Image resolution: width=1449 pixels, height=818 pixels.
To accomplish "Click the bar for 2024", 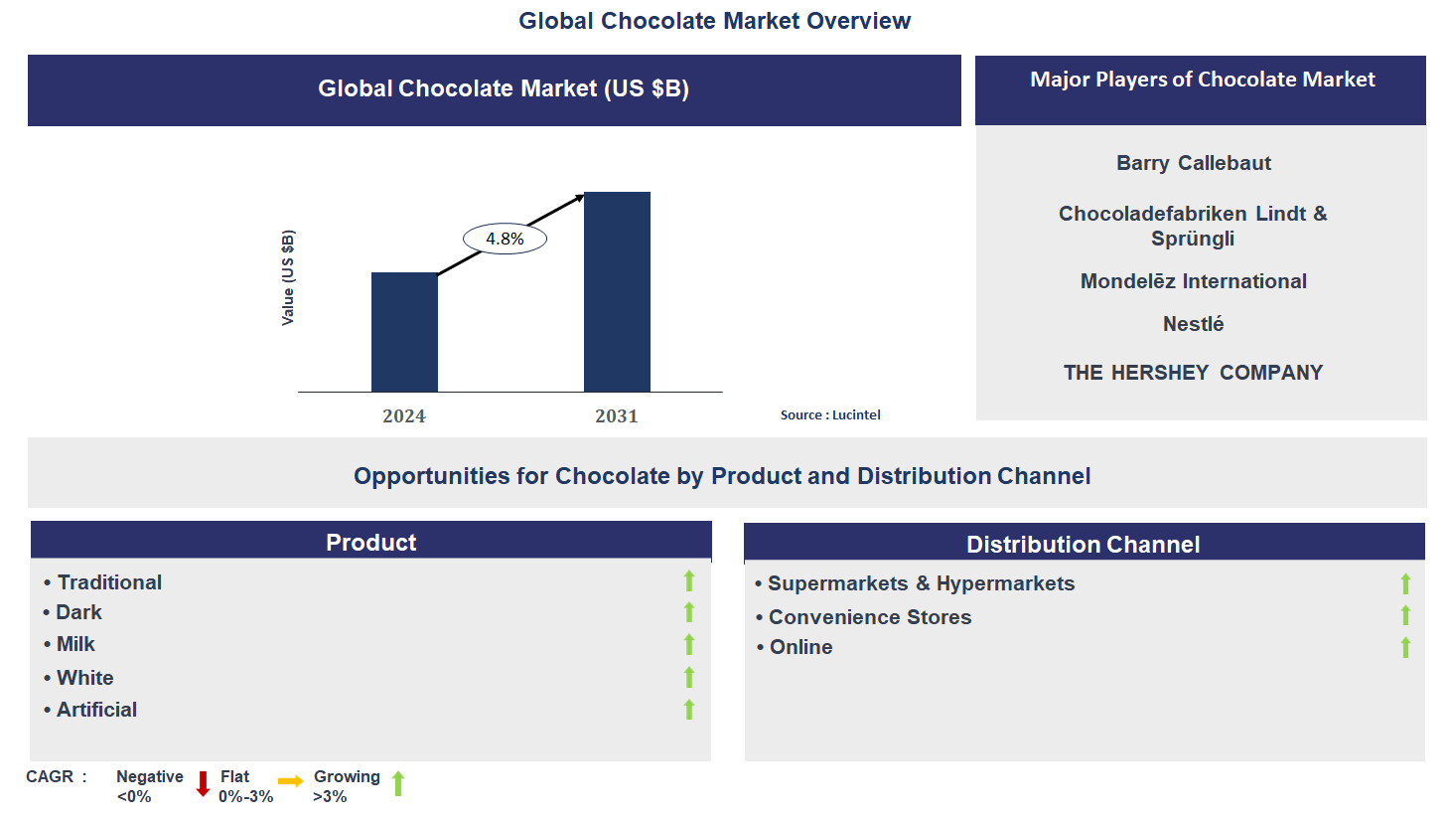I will (404, 332).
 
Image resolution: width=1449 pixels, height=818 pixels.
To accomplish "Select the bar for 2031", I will (617, 291).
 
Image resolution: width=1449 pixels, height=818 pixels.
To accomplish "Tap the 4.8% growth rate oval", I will (505, 239).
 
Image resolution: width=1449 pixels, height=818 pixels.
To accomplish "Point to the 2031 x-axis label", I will (617, 416).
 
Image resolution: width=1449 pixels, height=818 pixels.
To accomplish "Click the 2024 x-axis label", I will (404, 416).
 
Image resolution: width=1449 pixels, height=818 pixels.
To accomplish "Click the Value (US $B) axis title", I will (288, 277).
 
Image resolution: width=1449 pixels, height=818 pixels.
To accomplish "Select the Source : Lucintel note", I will (830, 415).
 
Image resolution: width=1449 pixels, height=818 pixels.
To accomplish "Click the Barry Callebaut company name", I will (1193, 163).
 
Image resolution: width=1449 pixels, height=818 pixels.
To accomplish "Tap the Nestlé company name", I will (1193, 324).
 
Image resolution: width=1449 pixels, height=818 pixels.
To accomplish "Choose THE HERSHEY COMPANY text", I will (1193, 373).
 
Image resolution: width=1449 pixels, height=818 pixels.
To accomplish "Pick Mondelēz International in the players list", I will (1193, 281).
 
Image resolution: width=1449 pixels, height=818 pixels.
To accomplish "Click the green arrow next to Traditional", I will (689, 581).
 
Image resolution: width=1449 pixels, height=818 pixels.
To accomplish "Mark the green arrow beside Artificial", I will (689, 710).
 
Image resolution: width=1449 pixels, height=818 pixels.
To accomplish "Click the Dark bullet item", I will (78, 612).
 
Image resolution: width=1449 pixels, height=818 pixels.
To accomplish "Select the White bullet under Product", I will (84, 678).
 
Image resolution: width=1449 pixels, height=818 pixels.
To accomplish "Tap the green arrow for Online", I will (1405, 648).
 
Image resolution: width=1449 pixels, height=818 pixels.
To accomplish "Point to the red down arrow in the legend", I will (203, 784).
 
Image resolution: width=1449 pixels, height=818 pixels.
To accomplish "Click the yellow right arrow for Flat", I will (290, 781).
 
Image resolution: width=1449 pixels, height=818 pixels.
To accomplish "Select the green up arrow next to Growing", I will (398, 784).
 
